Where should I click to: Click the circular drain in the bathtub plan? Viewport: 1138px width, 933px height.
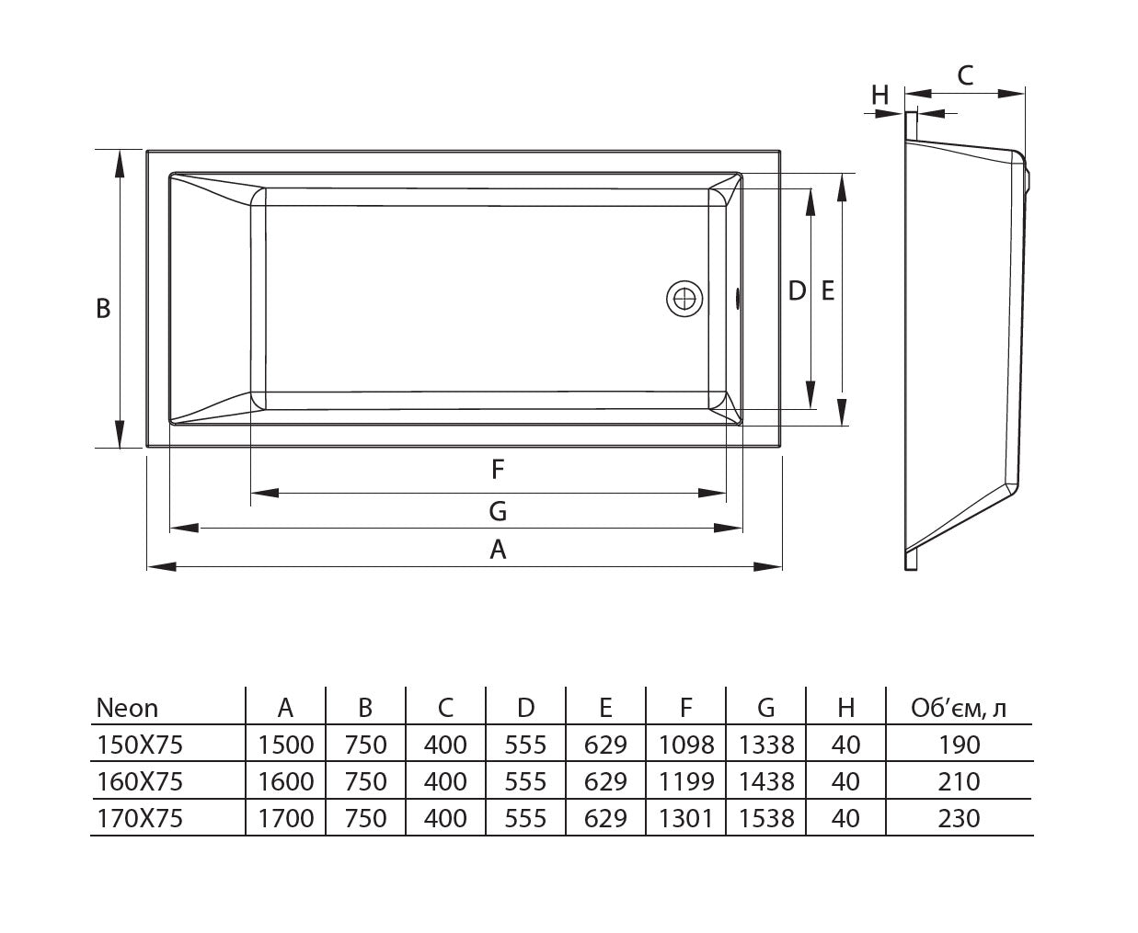pos(684,299)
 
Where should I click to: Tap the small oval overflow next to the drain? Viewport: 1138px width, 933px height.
pos(738,299)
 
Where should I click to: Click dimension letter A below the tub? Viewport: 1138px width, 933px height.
pos(498,550)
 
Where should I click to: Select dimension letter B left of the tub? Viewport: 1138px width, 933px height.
pos(103,309)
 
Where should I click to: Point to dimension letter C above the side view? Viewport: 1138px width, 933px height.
pos(965,75)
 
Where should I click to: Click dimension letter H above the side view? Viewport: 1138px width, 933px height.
pos(880,95)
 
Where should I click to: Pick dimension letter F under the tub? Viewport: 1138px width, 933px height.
pos(498,471)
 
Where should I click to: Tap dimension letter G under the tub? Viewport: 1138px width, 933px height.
pos(498,511)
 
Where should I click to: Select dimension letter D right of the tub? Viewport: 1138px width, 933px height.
pos(797,291)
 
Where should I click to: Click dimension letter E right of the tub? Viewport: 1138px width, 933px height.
pos(827,291)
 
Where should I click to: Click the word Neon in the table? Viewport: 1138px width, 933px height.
pos(127,709)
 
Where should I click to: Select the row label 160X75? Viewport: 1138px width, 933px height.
pos(140,781)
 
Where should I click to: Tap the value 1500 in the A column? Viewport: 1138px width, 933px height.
pos(286,745)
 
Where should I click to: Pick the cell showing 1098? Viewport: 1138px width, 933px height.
pos(686,745)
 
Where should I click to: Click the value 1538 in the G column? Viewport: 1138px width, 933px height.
pos(766,818)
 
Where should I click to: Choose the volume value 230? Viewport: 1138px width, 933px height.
pos(959,818)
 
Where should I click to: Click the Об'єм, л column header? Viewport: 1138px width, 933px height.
pos(958,708)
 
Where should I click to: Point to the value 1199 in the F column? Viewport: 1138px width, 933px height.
pos(686,781)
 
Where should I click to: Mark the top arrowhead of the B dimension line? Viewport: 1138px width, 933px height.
pos(120,162)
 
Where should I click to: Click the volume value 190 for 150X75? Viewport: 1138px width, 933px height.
pos(959,745)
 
